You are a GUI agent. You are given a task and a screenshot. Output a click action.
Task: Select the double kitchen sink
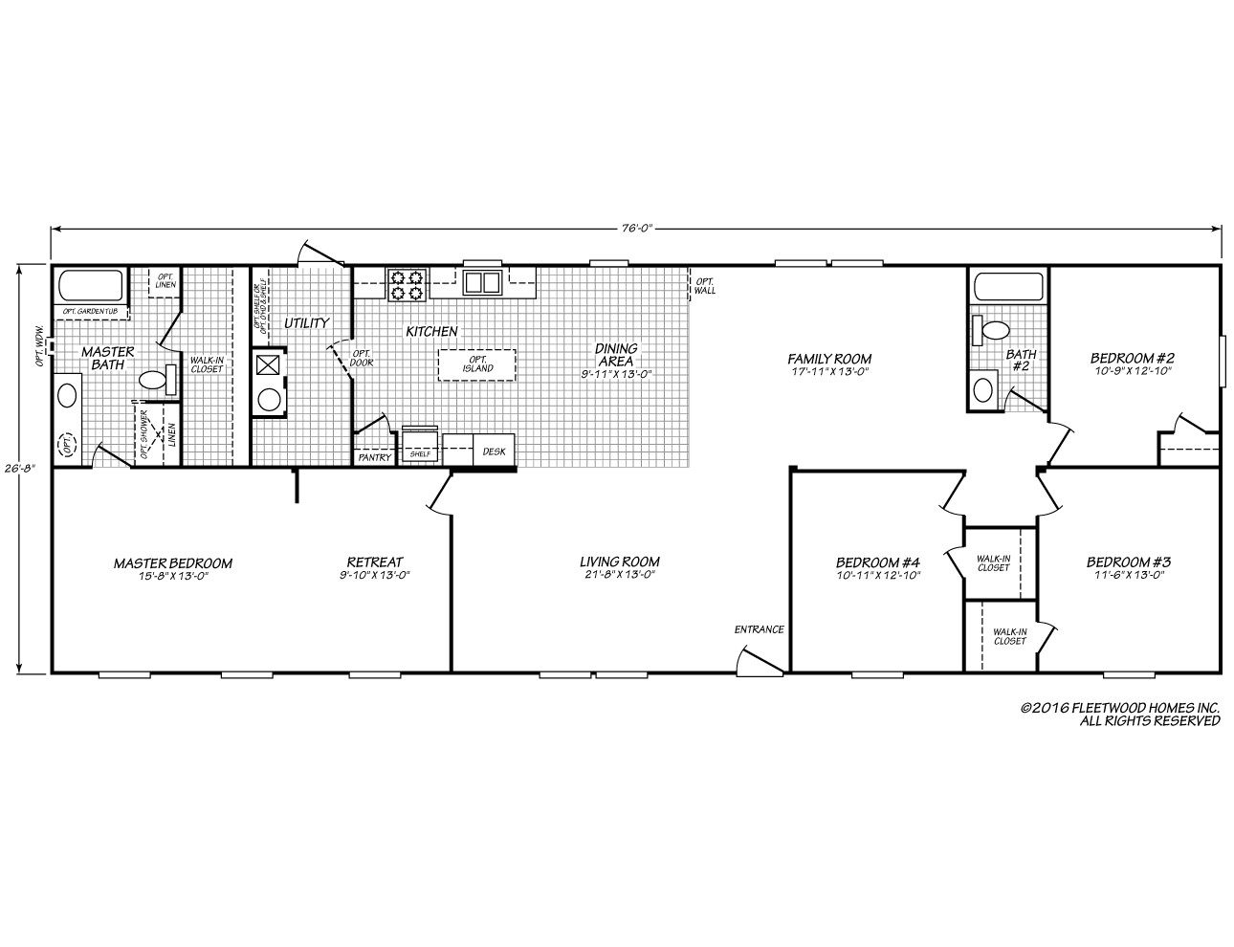482,282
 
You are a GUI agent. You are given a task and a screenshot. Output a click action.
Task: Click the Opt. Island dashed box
476,364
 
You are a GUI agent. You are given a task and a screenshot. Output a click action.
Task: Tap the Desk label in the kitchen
494,451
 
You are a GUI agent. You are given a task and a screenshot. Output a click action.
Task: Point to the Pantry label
373,458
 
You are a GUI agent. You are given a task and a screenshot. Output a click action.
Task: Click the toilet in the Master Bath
156,380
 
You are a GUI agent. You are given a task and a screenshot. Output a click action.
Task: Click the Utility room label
306,323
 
